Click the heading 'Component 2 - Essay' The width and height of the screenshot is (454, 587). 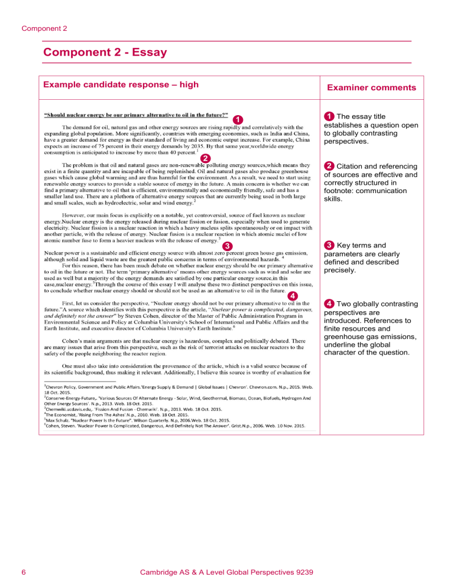(105, 53)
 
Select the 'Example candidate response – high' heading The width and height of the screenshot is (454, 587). (121, 84)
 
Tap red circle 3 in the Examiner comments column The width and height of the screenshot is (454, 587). (329, 245)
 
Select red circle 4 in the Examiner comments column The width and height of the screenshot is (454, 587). (329, 304)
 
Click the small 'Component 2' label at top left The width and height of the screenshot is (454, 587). (44, 28)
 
